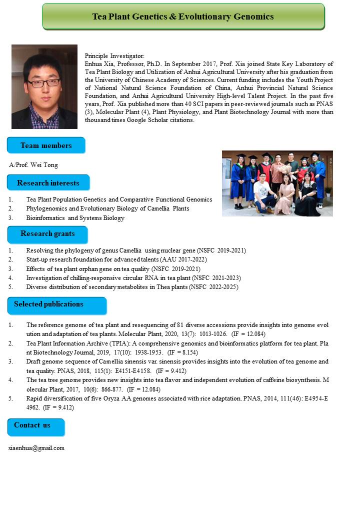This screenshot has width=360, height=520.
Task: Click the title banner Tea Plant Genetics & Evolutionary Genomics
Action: [183, 16]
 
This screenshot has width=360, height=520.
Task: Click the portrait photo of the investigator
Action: [44, 87]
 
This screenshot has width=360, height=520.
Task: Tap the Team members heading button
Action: [46, 145]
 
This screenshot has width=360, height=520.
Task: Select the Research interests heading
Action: [48, 183]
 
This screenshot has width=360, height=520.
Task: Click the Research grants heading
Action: [47, 233]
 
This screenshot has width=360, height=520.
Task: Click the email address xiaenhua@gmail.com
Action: [36, 448]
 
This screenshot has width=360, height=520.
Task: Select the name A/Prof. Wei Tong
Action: [33, 165]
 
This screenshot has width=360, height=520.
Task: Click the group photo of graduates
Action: [277, 183]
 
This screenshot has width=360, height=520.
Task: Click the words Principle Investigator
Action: [114, 56]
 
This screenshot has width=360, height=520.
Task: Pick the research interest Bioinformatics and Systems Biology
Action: [75, 218]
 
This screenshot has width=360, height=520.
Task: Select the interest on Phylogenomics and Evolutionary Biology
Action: [107, 208]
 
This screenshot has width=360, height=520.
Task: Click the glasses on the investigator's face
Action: [44, 82]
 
